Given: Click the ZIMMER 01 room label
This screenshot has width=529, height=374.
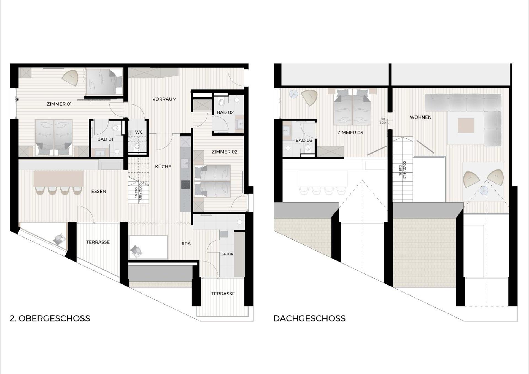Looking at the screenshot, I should [59, 104].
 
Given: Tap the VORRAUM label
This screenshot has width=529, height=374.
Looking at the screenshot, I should [164, 99].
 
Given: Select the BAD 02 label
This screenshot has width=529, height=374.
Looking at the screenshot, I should [225, 112].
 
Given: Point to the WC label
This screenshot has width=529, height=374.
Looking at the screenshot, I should [139, 132].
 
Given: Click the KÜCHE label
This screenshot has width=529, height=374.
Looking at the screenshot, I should [163, 167].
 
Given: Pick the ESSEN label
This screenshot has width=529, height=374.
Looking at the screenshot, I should [98, 191].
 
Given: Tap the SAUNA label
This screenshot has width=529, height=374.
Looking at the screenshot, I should [227, 254].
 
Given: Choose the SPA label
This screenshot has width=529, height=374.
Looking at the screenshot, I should [186, 244].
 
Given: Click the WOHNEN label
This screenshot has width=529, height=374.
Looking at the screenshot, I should [420, 117].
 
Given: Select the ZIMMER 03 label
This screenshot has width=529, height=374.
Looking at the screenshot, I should [350, 133].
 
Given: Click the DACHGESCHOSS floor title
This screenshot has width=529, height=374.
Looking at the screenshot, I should [309, 318].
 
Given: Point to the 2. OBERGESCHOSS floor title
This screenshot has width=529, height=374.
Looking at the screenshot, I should [50, 318].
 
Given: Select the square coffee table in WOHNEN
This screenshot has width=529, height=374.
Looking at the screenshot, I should [466, 125].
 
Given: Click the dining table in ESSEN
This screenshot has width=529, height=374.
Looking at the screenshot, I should [58, 179].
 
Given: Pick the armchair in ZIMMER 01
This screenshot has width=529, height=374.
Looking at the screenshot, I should [70, 77].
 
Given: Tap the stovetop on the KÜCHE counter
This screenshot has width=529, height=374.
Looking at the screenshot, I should [185, 184].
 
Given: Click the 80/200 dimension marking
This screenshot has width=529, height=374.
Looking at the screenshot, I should [383, 121].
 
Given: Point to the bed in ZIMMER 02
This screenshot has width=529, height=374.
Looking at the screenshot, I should [212, 181].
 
